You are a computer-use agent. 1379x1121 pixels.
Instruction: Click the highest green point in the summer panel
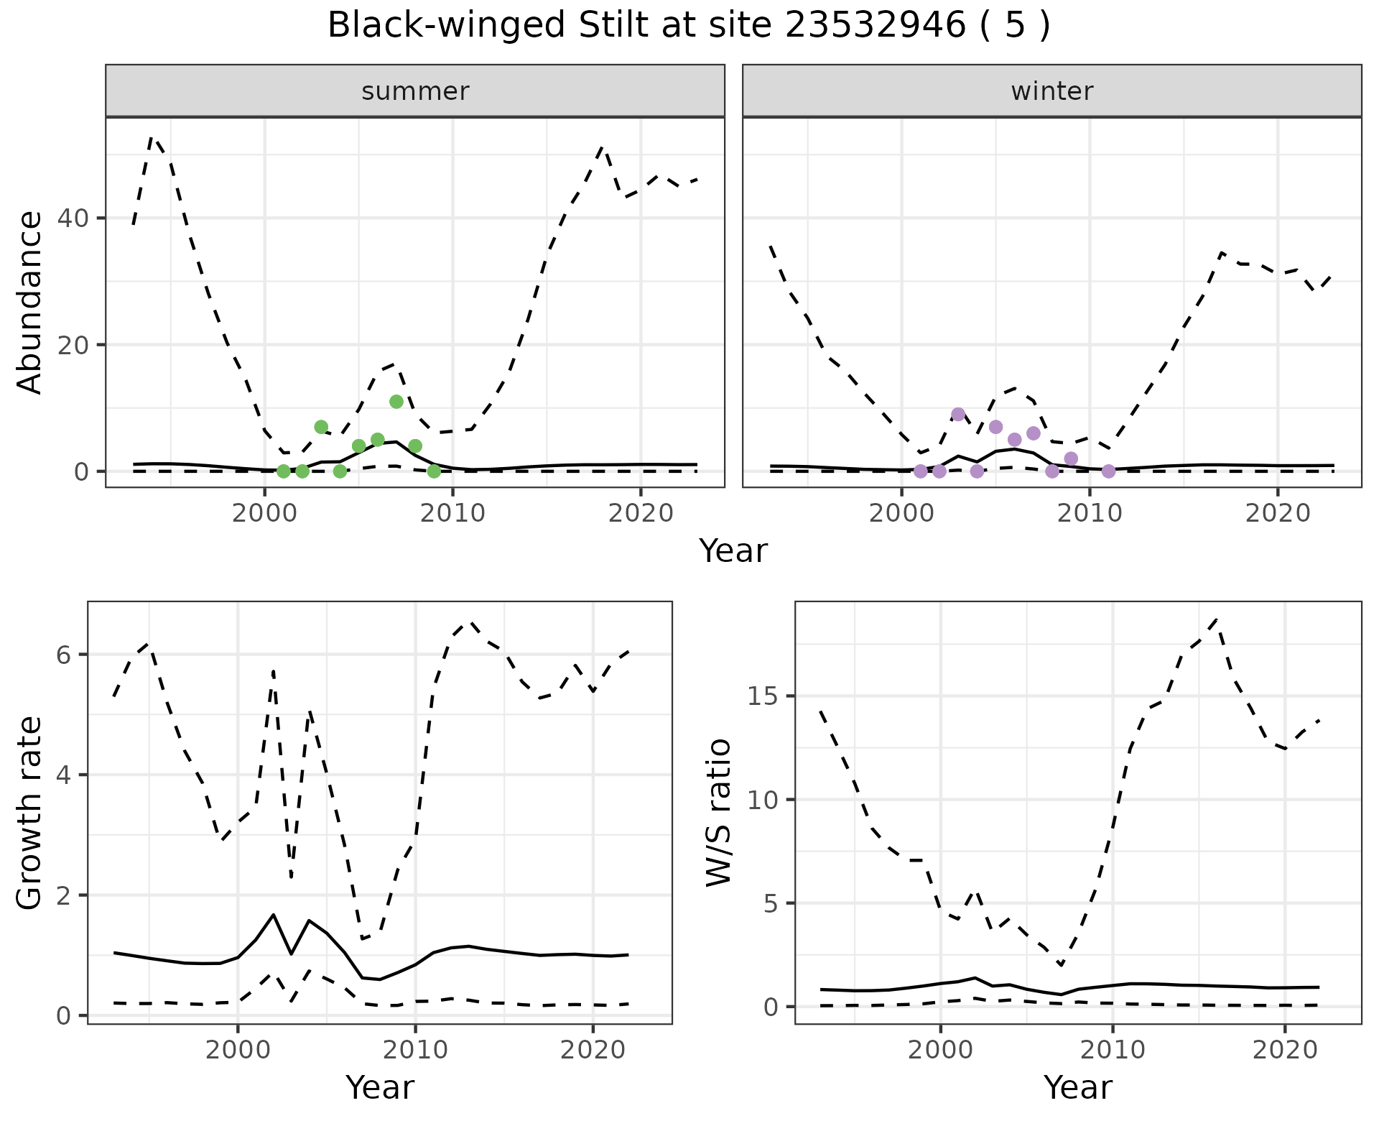coord(396,402)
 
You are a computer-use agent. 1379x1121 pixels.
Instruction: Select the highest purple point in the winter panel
coord(958,414)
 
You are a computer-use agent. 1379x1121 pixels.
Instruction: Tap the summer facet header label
coord(415,91)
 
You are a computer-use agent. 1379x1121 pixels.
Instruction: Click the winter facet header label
coord(1052,91)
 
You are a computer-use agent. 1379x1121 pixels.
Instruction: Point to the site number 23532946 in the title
coord(875,26)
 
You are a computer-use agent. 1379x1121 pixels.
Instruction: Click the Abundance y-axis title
coord(30,303)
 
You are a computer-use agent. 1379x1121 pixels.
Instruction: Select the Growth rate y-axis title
coord(30,813)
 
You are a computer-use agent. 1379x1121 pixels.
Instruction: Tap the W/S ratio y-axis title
coord(719,813)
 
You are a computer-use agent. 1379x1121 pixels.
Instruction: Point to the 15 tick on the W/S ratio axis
coord(763,696)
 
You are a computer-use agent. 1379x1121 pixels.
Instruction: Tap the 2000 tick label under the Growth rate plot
coord(238,1050)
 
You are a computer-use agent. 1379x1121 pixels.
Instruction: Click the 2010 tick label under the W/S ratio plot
coord(1113,1050)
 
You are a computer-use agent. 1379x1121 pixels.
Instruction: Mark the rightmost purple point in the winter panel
coord(1108,471)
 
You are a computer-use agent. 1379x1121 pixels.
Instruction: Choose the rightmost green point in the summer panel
coord(434,471)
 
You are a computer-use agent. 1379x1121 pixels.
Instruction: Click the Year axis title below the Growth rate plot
coord(379,1087)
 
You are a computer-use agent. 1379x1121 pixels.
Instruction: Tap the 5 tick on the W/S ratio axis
coord(771,903)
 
